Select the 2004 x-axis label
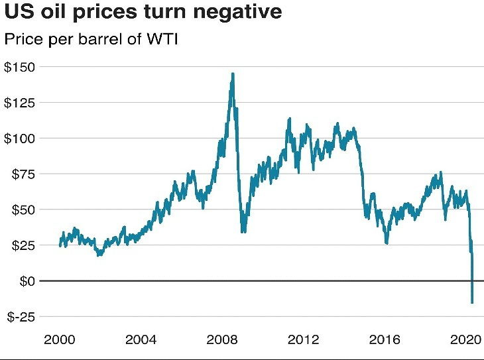click(x=141, y=340)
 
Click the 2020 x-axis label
click(x=465, y=340)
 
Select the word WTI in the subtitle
click(x=163, y=39)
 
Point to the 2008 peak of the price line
click(x=233, y=74)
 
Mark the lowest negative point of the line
click(x=472, y=303)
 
